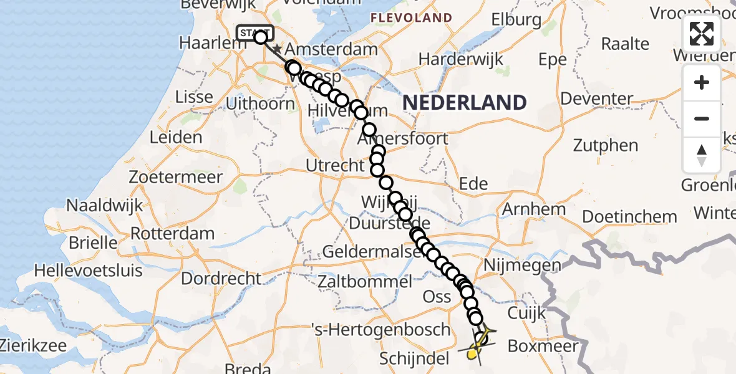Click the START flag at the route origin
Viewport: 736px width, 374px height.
[x=254, y=32]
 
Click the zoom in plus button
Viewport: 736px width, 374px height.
[x=702, y=82]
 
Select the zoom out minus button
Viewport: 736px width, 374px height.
[x=702, y=118]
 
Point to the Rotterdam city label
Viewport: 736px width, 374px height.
[x=173, y=233]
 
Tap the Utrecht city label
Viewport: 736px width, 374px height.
[x=335, y=166]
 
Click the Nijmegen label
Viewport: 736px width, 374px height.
[x=517, y=266]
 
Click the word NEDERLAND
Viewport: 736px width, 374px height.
[x=464, y=102]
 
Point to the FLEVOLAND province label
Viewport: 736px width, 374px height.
[x=411, y=17]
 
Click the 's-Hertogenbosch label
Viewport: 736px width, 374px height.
[x=389, y=329]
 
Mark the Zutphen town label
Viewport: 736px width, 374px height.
[x=606, y=146]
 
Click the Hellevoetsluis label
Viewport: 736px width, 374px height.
[x=88, y=271]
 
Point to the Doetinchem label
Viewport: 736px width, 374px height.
[x=629, y=216]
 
